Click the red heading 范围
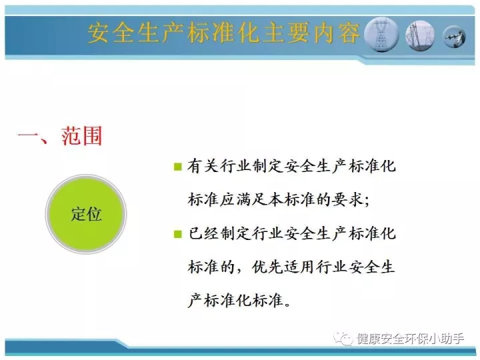[81, 135]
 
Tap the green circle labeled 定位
[86, 214]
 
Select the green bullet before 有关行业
[177, 167]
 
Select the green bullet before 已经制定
[177, 234]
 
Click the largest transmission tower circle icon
[381, 34]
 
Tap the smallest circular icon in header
[455, 37]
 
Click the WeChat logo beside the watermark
[343, 338]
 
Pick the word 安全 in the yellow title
[111, 33]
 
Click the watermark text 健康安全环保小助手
[410, 339]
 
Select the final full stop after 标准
[287, 305]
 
